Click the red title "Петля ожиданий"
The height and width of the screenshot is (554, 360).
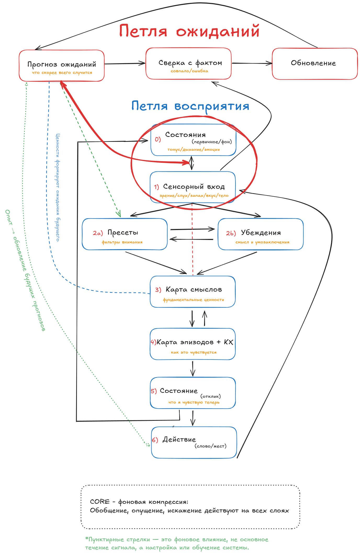[x=189, y=31]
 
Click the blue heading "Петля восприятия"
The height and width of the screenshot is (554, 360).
[x=190, y=106]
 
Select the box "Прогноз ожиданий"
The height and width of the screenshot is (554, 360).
[x=62, y=65]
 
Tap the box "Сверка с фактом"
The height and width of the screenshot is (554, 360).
[x=189, y=63]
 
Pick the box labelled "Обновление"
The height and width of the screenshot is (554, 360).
[x=315, y=64]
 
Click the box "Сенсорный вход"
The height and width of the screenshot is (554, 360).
[x=193, y=187]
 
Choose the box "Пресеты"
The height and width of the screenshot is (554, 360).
[x=125, y=234]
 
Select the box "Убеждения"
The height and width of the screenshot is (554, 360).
[x=261, y=234]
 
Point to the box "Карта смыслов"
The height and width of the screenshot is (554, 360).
[x=193, y=292]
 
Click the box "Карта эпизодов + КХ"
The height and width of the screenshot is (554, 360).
[x=193, y=344]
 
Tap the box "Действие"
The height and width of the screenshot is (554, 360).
[x=194, y=442]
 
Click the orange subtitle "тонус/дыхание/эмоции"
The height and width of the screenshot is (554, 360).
[x=194, y=150]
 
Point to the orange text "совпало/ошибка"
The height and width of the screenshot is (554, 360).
[x=189, y=71]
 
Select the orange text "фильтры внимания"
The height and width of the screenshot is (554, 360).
[x=122, y=242]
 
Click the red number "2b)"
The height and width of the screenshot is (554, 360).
[x=231, y=233]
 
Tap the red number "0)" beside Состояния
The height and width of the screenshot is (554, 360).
[x=158, y=139]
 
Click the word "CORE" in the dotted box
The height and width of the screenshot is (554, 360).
[x=100, y=502]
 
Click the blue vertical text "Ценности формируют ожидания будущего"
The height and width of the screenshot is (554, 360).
[x=58, y=187]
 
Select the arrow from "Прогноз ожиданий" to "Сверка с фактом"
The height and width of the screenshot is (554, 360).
[x=125, y=63]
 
